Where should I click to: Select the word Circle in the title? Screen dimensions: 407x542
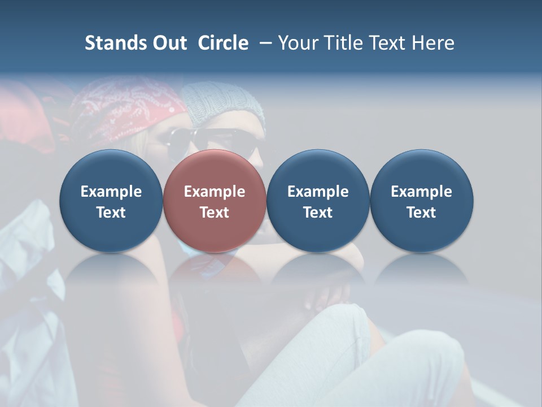coord(223,43)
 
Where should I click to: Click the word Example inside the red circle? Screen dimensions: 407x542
coord(214,192)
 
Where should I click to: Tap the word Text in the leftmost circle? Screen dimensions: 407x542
coord(111,213)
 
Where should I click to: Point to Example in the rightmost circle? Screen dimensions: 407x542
coord(421,192)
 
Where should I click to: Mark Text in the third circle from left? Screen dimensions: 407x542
coord(318,213)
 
